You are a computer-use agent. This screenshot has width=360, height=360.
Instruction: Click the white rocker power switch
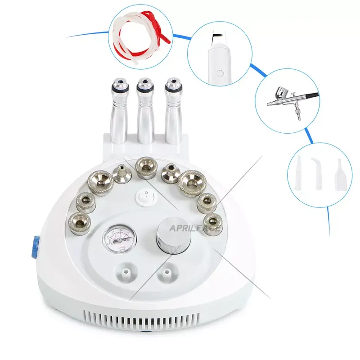point(144,195)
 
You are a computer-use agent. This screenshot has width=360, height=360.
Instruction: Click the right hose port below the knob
point(168,273)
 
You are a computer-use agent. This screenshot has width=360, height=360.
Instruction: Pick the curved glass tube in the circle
point(319,173)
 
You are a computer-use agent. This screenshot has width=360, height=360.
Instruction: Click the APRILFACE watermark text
point(194,229)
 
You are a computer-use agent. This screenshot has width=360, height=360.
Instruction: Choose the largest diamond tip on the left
point(103,181)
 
